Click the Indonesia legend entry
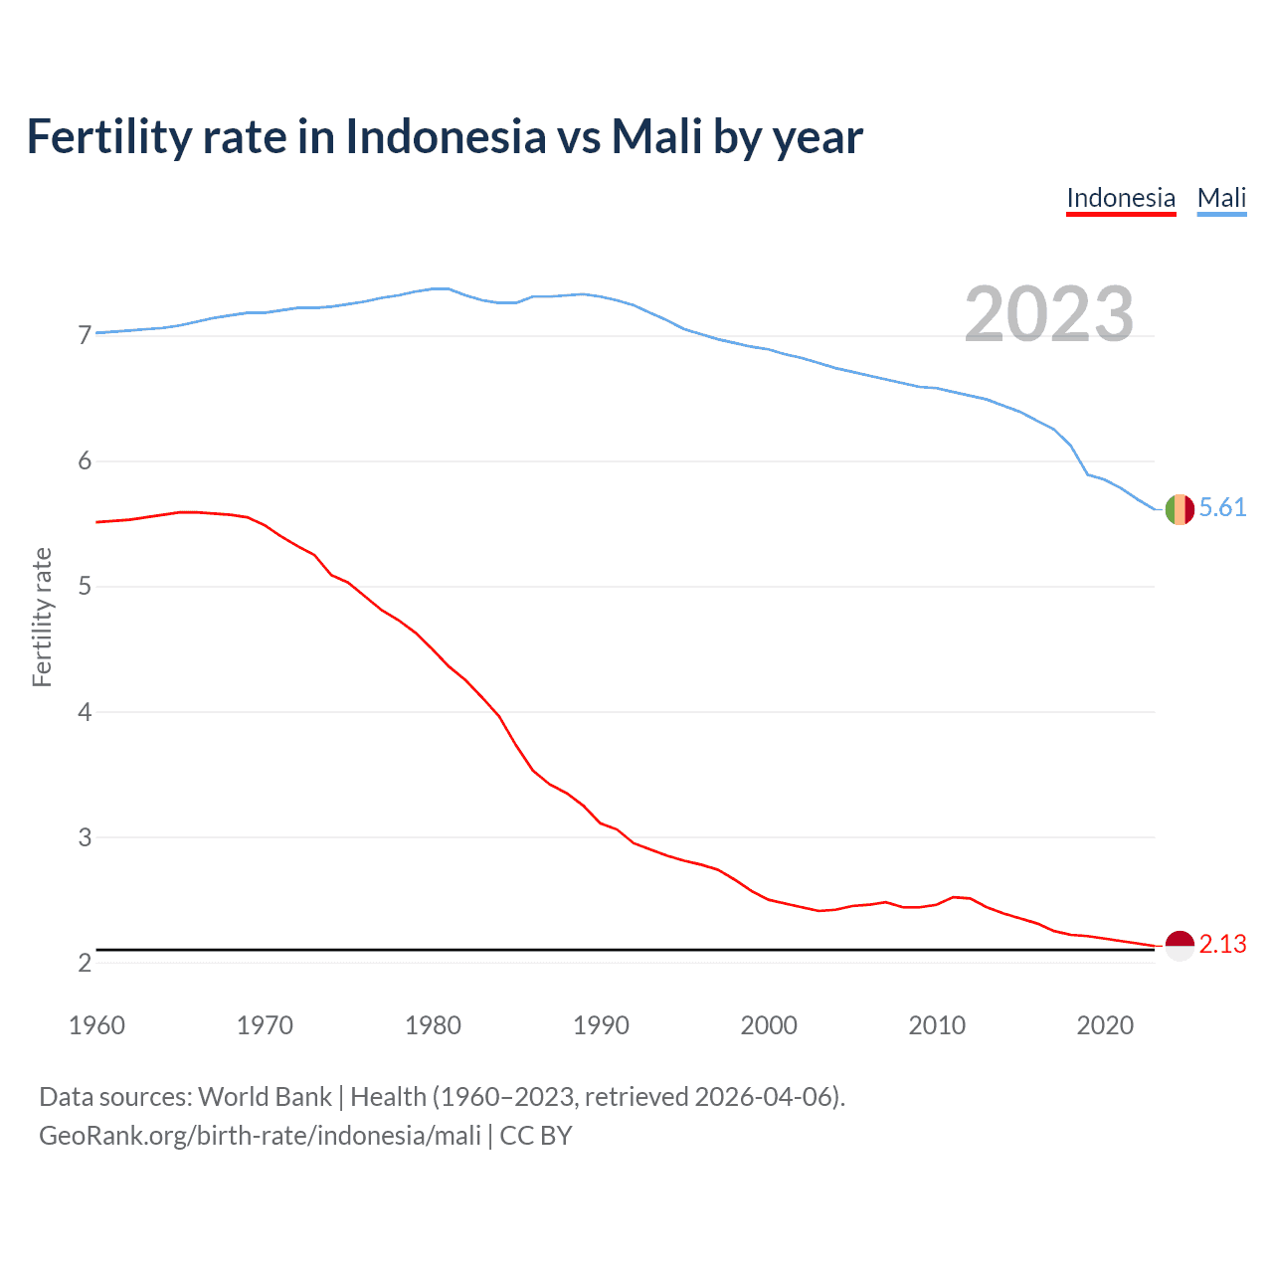pos(1121,198)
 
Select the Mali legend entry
pos(1221,198)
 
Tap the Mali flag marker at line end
pos(1180,509)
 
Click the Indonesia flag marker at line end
pos(1180,945)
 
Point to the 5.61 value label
pos(1222,508)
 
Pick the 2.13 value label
pos(1222,944)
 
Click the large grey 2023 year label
pos(1049,314)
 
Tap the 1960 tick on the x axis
pos(96,1025)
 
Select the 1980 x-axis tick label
pos(433,1025)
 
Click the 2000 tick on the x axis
pos(769,1025)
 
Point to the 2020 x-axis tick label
pos(1105,1025)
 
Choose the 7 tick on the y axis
pos(85,335)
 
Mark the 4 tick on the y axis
pos(85,712)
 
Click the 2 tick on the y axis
pos(85,963)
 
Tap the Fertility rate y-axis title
pos(42,617)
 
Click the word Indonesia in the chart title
pos(446,136)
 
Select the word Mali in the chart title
pos(656,136)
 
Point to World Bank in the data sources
pos(265,1097)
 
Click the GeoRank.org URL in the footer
pos(260,1136)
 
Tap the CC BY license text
pos(536,1136)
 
